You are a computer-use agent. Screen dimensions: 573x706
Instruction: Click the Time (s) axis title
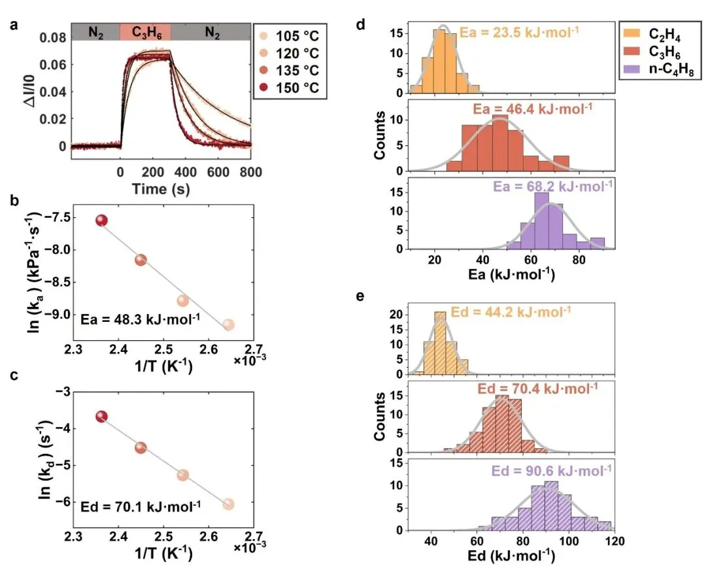(x=161, y=188)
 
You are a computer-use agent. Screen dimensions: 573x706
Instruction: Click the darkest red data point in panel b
(x=101, y=220)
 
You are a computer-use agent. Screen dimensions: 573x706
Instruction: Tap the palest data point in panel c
(x=228, y=504)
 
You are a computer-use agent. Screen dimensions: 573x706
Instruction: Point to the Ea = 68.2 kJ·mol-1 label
(x=553, y=186)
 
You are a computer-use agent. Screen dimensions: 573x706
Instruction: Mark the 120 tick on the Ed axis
(x=615, y=542)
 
